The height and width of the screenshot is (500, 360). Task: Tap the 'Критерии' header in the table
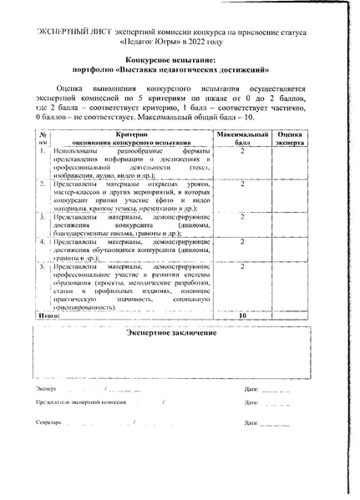(125, 134)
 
